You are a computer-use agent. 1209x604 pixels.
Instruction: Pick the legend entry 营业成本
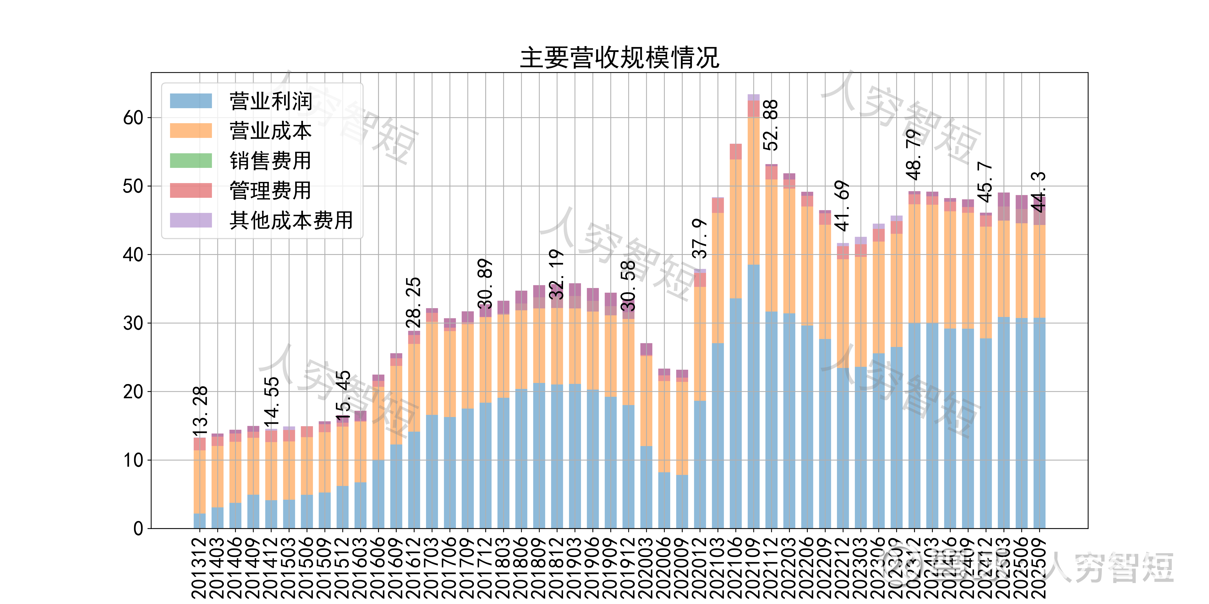pyautogui.click(x=270, y=131)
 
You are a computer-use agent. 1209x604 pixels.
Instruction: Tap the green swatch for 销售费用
pyautogui.click(x=191, y=160)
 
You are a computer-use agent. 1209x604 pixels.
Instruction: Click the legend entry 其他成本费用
pyautogui.click(x=291, y=220)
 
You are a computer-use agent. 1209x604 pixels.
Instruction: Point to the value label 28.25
pyautogui.click(x=414, y=303)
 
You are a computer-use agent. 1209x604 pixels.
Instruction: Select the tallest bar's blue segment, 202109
pyautogui.click(x=753, y=396)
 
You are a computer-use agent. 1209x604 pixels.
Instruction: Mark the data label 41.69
pyautogui.click(x=843, y=206)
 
